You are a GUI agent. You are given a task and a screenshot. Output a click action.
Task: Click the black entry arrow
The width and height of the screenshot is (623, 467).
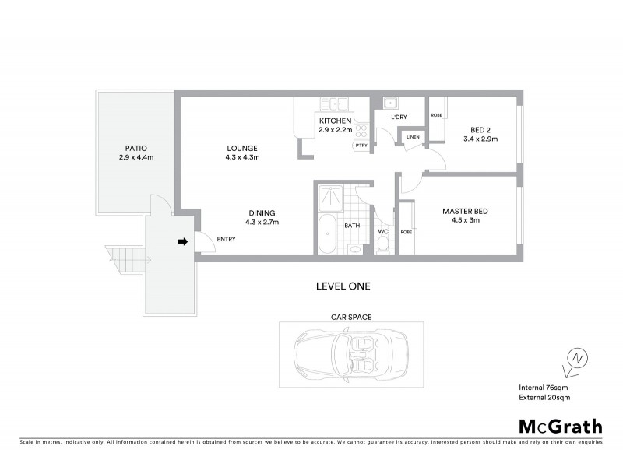point(183,242)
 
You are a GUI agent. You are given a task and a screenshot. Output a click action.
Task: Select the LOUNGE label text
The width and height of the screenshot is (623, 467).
point(241,148)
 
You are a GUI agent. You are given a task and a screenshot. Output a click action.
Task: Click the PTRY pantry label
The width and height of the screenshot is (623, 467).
point(361,146)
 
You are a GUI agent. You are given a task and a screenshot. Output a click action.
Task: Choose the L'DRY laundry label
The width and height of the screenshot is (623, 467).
point(399,118)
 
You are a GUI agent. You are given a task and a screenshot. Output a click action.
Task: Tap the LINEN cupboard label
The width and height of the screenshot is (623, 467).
point(413,137)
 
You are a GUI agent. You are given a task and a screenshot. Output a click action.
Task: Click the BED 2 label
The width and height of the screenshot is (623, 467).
point(480,129)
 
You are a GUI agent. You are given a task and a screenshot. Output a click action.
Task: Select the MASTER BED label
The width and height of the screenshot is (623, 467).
point(466,211)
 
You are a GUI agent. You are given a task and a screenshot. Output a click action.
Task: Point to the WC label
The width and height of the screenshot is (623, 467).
point(383,232)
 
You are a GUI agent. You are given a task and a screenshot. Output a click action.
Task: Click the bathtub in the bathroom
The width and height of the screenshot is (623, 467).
point(326,235)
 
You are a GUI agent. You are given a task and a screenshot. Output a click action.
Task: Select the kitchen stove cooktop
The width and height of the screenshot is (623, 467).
point(361,130)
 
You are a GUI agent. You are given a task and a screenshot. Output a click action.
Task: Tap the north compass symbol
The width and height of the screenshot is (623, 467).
point(576,358)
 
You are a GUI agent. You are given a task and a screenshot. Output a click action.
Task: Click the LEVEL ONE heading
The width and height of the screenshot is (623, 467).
point(343,286)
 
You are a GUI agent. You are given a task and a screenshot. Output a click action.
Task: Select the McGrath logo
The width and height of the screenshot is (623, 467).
point(560,426)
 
